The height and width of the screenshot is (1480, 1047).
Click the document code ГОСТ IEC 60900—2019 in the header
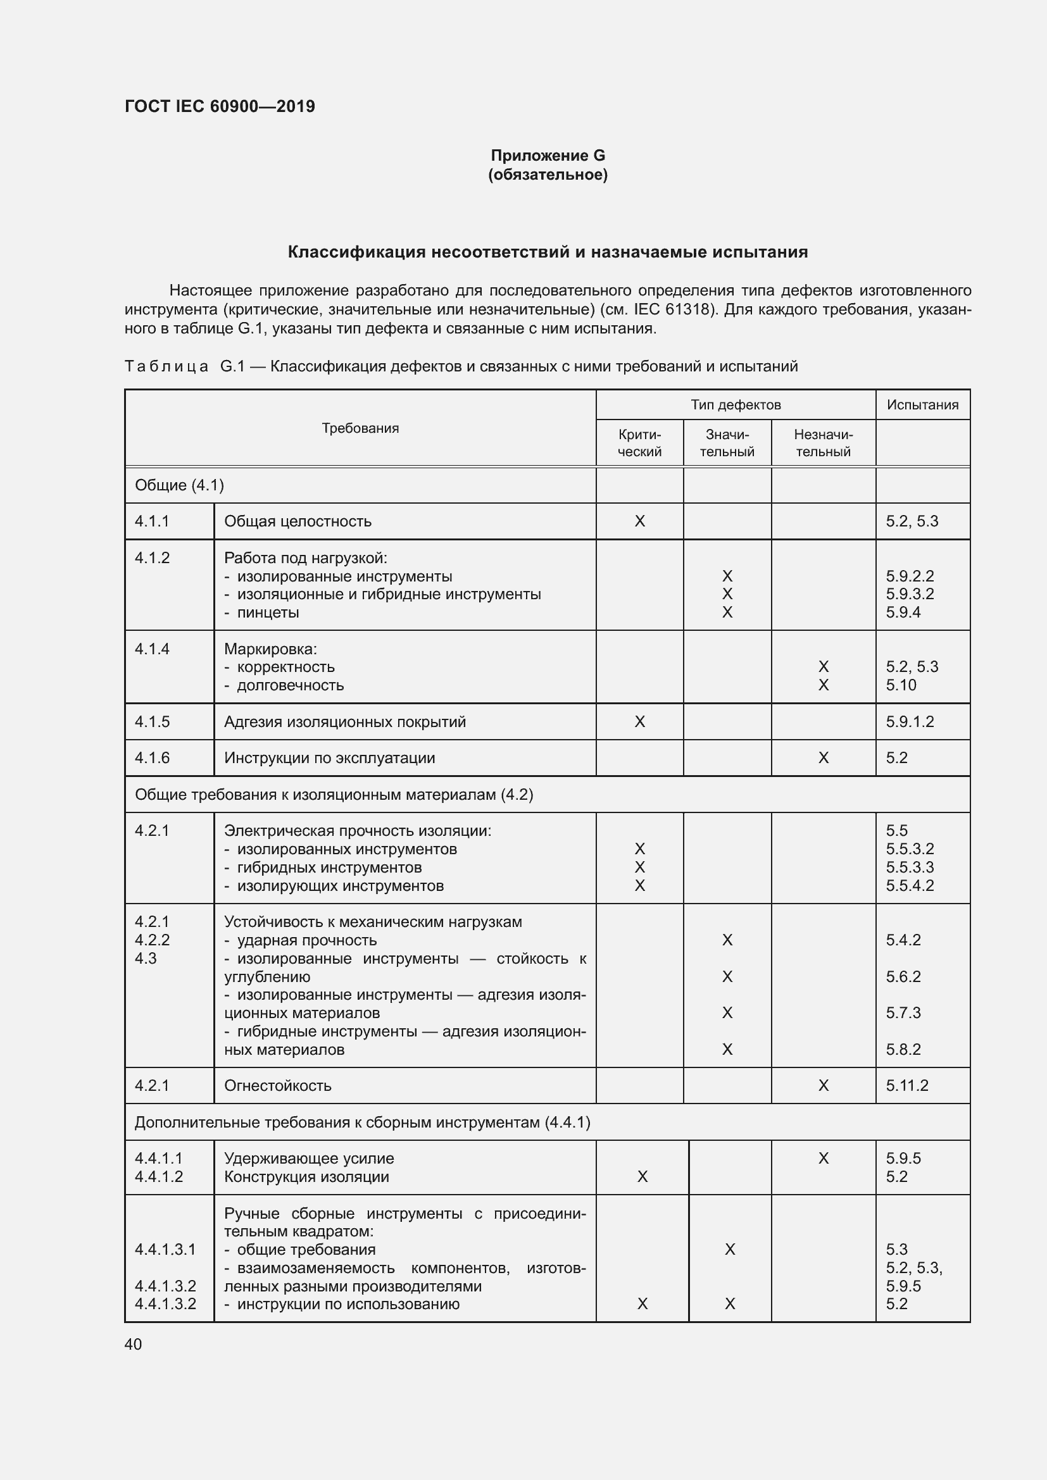[220, 106]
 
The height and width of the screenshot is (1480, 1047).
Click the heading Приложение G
[548, 156]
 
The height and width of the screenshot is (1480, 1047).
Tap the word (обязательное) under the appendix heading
[548, 175]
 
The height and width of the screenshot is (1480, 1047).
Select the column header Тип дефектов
[735, 405]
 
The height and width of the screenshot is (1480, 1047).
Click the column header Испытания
[922, 405]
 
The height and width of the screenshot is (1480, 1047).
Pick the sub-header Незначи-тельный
[823, 443]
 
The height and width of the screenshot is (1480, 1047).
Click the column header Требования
[360, 428]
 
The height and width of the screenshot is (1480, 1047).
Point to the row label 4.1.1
[152, 521]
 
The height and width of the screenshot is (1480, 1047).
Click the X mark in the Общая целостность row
[639, 521]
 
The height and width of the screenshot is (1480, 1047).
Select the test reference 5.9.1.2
[909, 721]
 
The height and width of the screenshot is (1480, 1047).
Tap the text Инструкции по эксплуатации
[329, 757]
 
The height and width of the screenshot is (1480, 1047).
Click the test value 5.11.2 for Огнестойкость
[906, 1086]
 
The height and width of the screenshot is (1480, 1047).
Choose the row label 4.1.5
[152, 721]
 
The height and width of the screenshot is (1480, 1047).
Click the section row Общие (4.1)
[179, 485]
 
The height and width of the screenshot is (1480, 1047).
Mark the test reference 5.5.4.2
[909, 885]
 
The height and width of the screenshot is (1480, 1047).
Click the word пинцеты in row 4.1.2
[268, 613]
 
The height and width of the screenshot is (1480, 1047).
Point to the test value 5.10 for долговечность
[901, 685]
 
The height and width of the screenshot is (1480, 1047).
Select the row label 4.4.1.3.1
[165, 1249]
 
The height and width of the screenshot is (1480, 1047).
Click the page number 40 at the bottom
[133, 1344]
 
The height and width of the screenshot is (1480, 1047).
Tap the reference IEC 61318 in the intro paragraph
[674, 309]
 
